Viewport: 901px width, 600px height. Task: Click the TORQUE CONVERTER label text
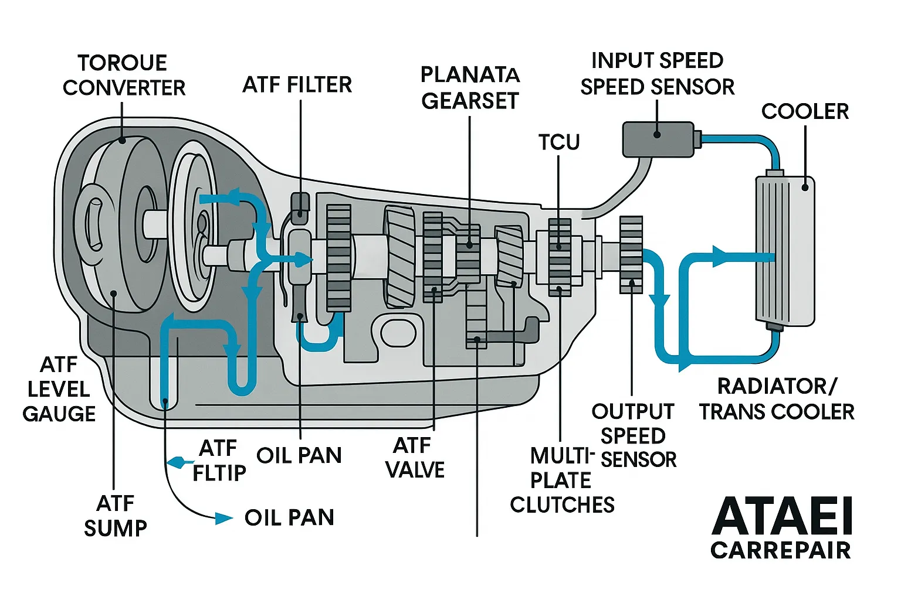tap(124, 75)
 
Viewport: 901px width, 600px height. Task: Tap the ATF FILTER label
tap(297, 84)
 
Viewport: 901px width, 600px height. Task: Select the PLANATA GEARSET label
tap(470, 88)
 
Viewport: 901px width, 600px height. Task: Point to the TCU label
tap(559, 142)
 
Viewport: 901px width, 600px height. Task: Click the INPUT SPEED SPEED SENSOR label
tap(658, 74)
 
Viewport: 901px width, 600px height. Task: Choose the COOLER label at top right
tap(805, 111)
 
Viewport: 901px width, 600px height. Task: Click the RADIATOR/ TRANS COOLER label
tap(777, 399)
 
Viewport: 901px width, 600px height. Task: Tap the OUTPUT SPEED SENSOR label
tap(633, 435)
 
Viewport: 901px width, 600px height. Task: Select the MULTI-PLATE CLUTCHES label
tap(563, 480)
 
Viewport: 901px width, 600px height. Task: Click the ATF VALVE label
tap(415, 458)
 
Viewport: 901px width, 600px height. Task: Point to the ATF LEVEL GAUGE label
tap(59, 389)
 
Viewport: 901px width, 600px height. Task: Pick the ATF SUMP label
tap(116, 516)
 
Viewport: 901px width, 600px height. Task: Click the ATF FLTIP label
tap(219, 460)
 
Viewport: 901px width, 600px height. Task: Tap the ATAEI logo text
tap(781, 516)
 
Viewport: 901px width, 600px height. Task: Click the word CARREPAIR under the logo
tap(781, 550)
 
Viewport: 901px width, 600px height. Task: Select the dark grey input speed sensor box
tap(658, 139)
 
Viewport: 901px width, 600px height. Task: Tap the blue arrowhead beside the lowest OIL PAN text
tap(223, 519)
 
